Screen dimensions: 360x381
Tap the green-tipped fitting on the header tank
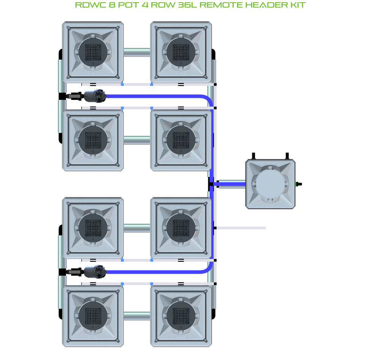click(299, 184)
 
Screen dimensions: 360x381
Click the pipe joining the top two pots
click(137, 52)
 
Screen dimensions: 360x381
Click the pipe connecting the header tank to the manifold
click(232, 184)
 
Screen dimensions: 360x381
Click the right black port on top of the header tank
click(287, 156)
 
